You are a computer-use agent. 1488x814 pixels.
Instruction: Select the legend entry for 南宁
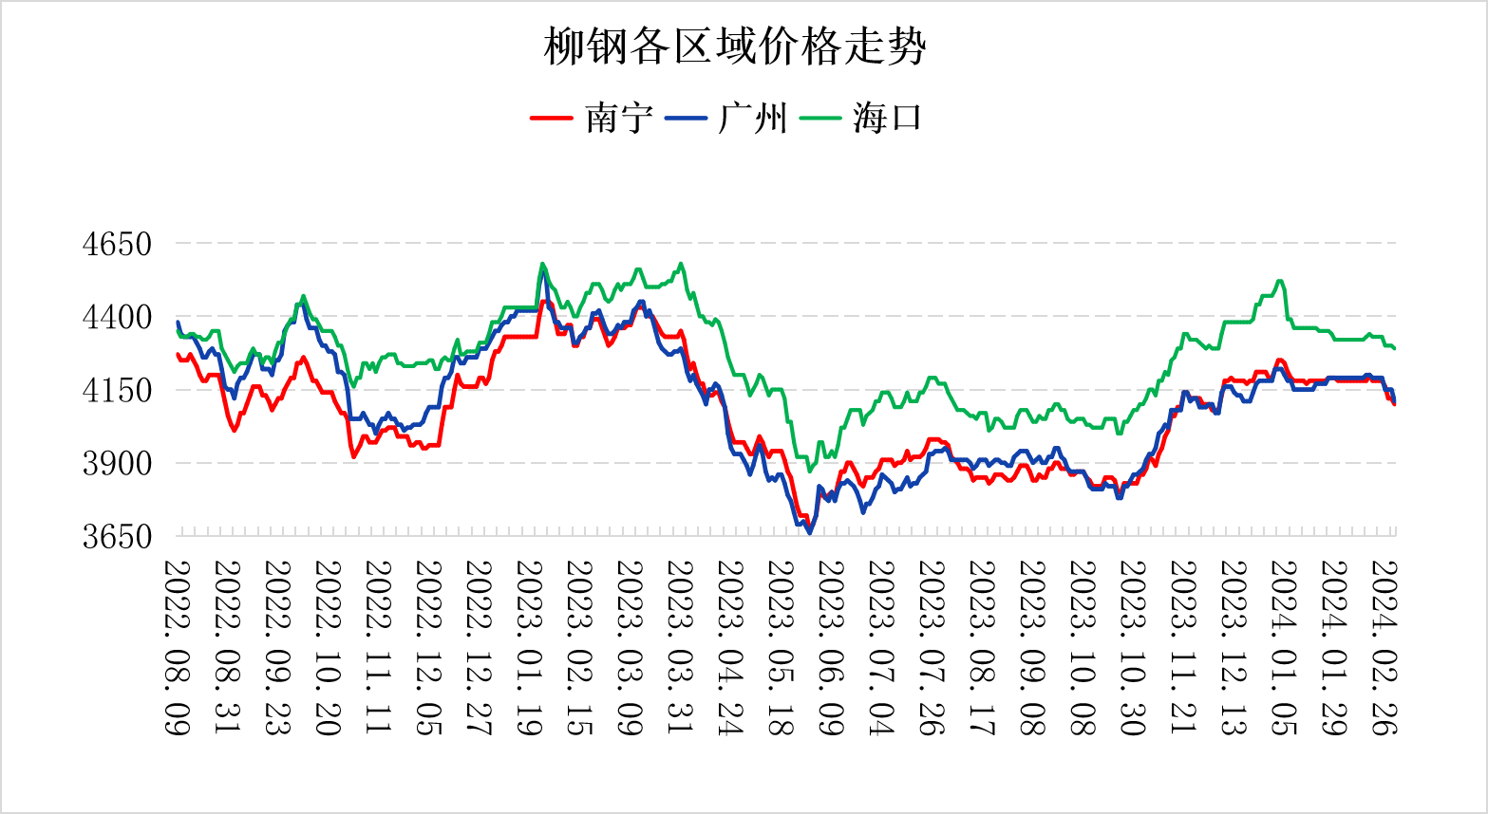pos(618,119)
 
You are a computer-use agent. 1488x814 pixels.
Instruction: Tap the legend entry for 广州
pos(753,119)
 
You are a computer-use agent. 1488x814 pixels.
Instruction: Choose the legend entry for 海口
pos(887,119)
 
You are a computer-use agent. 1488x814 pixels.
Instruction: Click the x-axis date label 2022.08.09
pos(178,647)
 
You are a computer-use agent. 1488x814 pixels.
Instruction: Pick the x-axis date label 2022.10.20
pos(328,647)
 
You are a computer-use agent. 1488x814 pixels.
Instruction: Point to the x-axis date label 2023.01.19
pos(529,647)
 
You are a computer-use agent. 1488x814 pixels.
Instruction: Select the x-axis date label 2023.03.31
pos(680,647)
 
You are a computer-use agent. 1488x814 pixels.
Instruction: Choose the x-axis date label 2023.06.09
pos(831,647)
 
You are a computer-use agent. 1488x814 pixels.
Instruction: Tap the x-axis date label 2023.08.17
pos(982,647)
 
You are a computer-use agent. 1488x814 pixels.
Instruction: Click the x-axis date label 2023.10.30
pos(1133,647)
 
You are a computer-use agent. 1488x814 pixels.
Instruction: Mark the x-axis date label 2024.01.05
pos(1284,647)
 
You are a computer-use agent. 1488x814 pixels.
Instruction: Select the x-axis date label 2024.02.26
pos(1384,647)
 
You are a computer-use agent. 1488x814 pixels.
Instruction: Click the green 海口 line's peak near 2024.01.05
pos(1280,281)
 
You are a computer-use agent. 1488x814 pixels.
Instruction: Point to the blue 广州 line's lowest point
pos(810,533)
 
